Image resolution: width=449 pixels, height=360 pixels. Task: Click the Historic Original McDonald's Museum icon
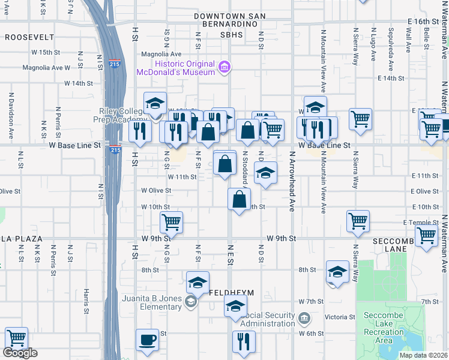tap(224, 67)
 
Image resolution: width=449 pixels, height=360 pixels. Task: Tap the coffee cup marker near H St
tap(147, 340)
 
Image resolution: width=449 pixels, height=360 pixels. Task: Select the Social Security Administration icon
tap(304, 316)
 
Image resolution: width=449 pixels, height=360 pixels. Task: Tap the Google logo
tap(20, 353)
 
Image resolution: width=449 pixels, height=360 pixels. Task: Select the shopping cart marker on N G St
tap(171, 222)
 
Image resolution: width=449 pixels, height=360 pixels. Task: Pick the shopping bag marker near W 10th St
tap(239, 199)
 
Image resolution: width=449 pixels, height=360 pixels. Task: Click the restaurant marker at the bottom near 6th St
tap(244, 341)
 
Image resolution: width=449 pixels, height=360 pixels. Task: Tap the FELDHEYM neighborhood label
tap(232, 293)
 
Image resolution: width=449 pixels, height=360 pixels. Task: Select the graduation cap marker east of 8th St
tap(337, 272)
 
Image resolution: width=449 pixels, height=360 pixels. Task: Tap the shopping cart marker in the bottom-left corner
tap(16, 338)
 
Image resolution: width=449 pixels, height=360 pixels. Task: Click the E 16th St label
tap(426, 21)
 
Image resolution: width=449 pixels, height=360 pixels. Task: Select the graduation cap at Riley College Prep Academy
tap(155, 103)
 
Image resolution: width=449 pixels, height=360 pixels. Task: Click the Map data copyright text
tap(423, 355)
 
